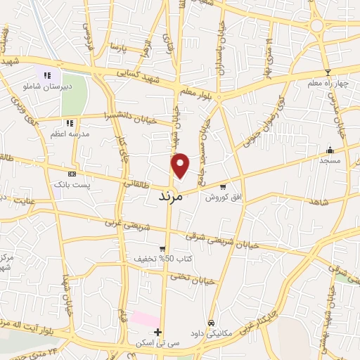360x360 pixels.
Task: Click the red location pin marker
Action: (180, 165)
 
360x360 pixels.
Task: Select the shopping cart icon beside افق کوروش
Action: (223, 187)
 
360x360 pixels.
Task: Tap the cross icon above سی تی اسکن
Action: (158, 332)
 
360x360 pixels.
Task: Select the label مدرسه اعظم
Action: (70, 133)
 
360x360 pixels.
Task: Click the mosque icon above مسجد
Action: (330, 150)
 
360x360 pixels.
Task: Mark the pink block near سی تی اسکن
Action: (145, 319)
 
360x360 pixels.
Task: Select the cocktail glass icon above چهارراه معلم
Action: (327, 72)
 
